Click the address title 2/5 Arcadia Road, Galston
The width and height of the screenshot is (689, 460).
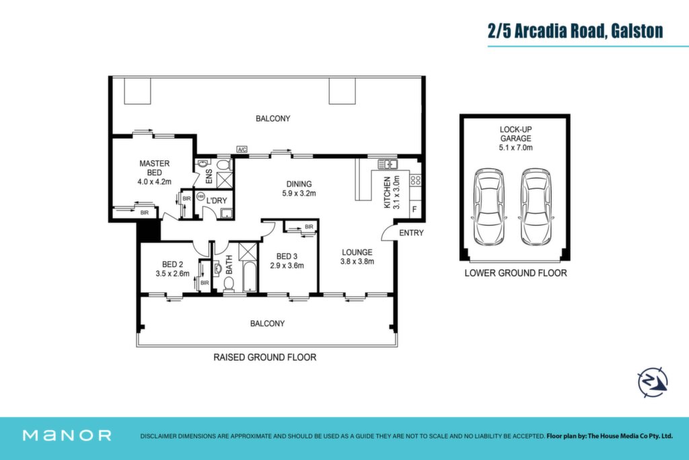click(575, 31)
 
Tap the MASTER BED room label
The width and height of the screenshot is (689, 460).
click(154, 168)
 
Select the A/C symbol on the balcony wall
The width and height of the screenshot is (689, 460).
click(242, 149)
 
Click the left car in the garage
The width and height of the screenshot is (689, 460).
click(489, 206)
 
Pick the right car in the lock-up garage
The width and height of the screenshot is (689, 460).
click(536, 206)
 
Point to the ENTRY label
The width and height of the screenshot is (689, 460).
click(411, 233)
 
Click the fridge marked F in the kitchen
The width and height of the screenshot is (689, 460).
click(414, 210)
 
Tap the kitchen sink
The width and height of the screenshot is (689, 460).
click(388, 164)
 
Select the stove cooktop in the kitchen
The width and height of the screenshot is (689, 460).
click(415, 180)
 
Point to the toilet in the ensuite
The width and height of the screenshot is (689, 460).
click(225, 165)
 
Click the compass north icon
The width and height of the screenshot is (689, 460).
click(653, 382)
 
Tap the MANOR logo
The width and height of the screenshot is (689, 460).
click(67, 435)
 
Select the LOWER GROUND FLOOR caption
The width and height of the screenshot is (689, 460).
click(515, 273)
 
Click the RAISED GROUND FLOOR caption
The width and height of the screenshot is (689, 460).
click(265, 357)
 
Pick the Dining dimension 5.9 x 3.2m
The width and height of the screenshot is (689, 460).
click(299, 193)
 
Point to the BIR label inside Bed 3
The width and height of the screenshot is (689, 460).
click(309, 227)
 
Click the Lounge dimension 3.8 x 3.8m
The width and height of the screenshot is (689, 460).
click(357, 262)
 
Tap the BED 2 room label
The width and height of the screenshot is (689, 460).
click(172, 264)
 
